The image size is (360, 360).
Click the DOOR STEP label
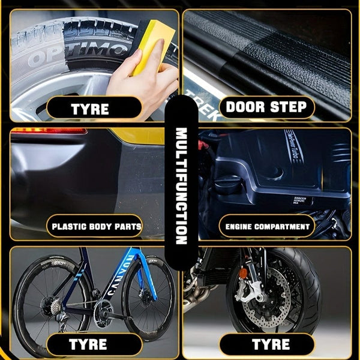click(266, 108)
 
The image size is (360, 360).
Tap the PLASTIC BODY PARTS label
click(96, 227)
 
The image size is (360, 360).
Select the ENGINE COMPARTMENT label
click(267, 227)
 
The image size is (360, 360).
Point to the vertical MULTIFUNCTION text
click(181, 186)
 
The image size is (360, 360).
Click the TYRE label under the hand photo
click(89, 109)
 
